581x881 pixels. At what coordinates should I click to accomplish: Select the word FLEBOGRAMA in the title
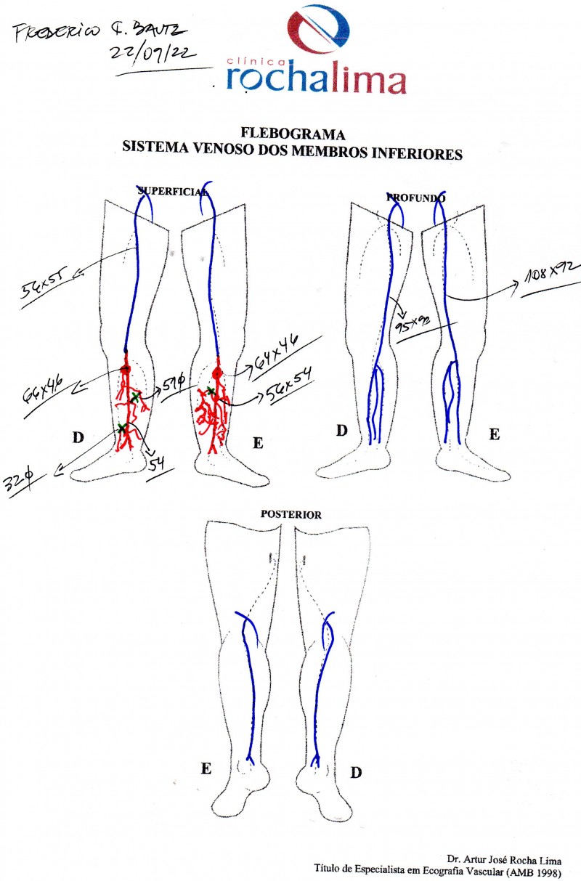(293, 134)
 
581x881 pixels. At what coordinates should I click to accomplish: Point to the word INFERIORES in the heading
(422, 153)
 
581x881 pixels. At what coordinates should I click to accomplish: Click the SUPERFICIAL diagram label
(172, 192)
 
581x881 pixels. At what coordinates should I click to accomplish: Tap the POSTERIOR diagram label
(291, 514)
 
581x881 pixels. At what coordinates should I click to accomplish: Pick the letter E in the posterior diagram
(207, 767)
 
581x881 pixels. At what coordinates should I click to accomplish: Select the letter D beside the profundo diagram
(341, 430)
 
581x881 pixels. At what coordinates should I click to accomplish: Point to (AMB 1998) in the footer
(549, 869)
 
